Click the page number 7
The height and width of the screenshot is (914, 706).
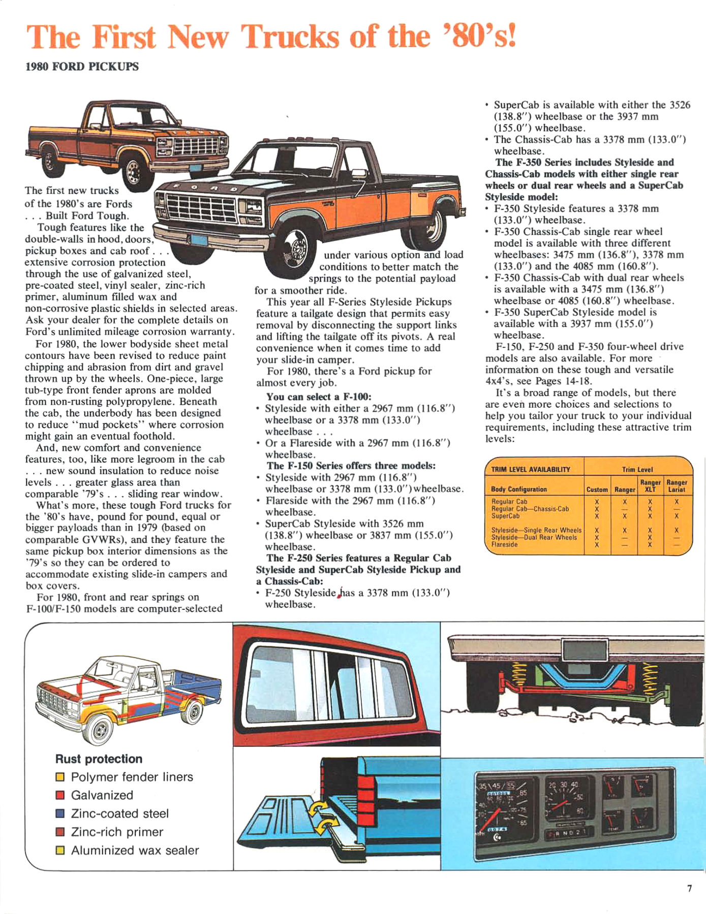[x=689, y=888]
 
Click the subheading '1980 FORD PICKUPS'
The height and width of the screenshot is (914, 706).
[x=82, y=67]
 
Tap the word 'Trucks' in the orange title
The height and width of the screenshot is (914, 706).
[x=290, y=37]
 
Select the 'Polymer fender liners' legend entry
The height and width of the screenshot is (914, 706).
[x=132, y=777]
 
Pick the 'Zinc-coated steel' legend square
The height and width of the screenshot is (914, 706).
[x=60, y=813]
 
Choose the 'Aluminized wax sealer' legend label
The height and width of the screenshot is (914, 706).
[x=135, y=850]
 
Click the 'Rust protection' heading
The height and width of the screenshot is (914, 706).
[x=99, y=759]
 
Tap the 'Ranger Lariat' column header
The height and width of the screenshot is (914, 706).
[x=677, y=486]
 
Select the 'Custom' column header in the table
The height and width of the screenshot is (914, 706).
[x=597, y=489]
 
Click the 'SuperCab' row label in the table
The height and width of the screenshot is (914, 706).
[x=505, y=516]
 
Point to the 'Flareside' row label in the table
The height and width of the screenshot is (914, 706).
[x=504, y=544]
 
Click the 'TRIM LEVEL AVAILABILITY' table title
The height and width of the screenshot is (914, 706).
[x=531, y=469]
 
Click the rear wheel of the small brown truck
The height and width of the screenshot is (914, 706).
[x=49, y=160]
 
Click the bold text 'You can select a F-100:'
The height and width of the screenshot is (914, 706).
[x=319, y=397]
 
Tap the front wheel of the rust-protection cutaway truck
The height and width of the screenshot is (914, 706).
[x=100, y=729]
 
